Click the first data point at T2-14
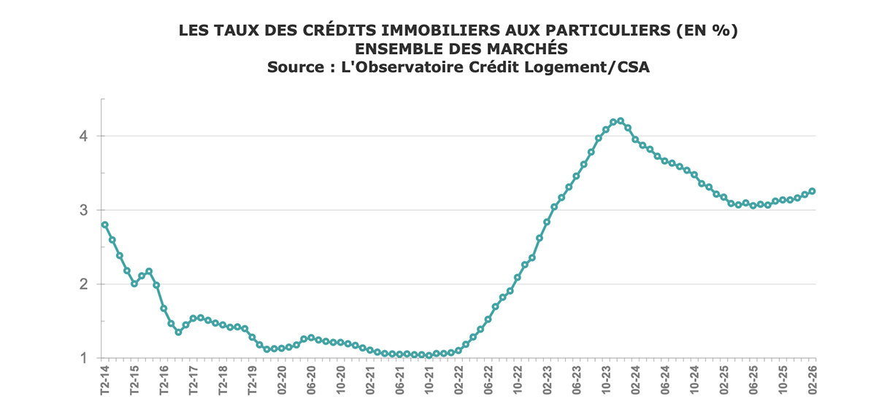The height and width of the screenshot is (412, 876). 104,225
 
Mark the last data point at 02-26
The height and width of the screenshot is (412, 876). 812,191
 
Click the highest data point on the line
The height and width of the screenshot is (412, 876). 620,120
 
